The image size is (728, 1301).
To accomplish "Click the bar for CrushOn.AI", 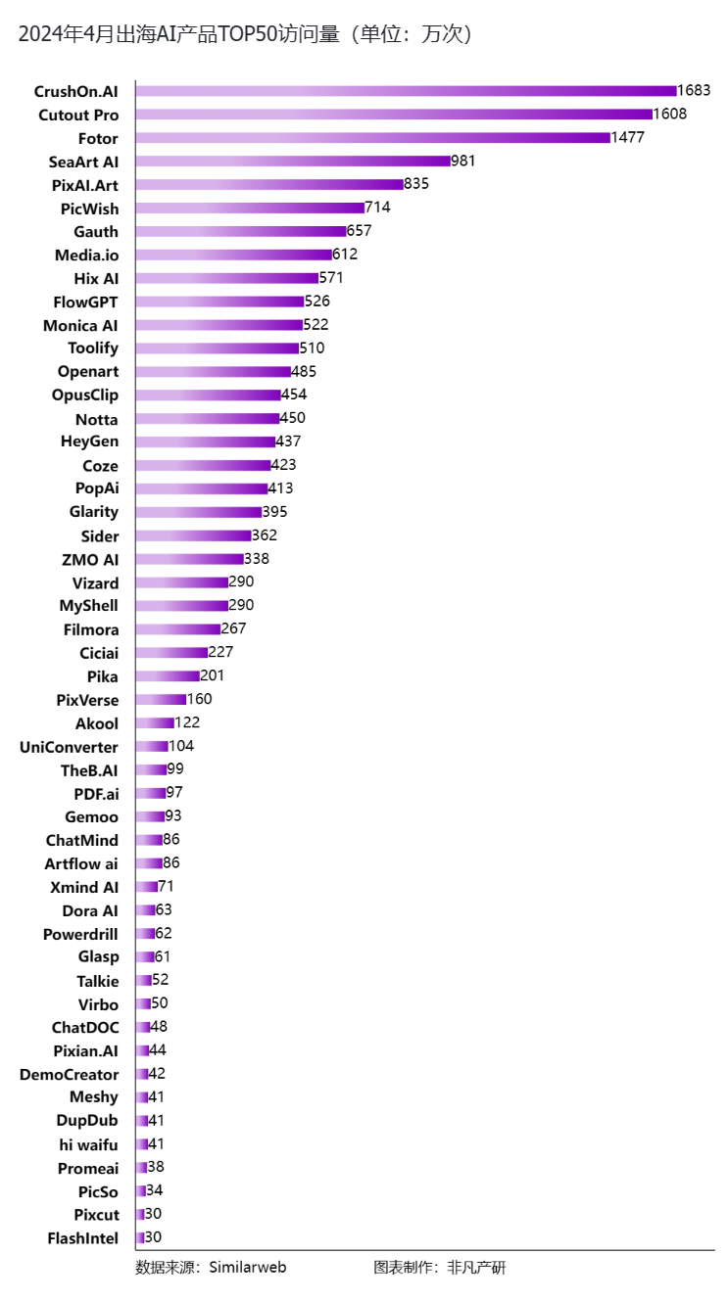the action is (x=407, y=91).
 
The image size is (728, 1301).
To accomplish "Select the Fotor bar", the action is (x=373, y=138).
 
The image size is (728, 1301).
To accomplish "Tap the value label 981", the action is (x=463, y=161).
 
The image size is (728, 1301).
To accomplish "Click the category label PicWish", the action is (x=89, y=209).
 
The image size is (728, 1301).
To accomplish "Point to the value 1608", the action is (x=670, y=114).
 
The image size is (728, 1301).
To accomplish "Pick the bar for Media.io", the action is (x=234, y=255).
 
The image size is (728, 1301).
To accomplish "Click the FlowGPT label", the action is (x=85, y=302).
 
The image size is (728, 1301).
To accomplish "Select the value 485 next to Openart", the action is (x=304, y=371).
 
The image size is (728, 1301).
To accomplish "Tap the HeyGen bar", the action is (x=206, y=442).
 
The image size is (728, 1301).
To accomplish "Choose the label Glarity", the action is (x=94, y=512).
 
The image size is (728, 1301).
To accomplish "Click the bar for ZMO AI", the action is (x=189, y=559).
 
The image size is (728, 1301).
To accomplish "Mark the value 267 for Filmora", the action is (x=234, y=628).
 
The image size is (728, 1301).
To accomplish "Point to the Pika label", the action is (x=102, y=676).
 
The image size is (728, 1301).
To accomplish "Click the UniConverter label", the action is (x=69, y=747).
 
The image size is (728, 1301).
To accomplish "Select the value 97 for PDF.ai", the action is (x=174, y=792).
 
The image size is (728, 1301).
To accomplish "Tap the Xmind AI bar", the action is (x=147, y=887).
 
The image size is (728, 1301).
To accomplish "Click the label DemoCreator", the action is (x=69, y=1075).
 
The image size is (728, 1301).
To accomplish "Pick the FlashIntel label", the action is (x=82, y=1238).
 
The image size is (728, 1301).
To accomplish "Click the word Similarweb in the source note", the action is (x=248, y=1268).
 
